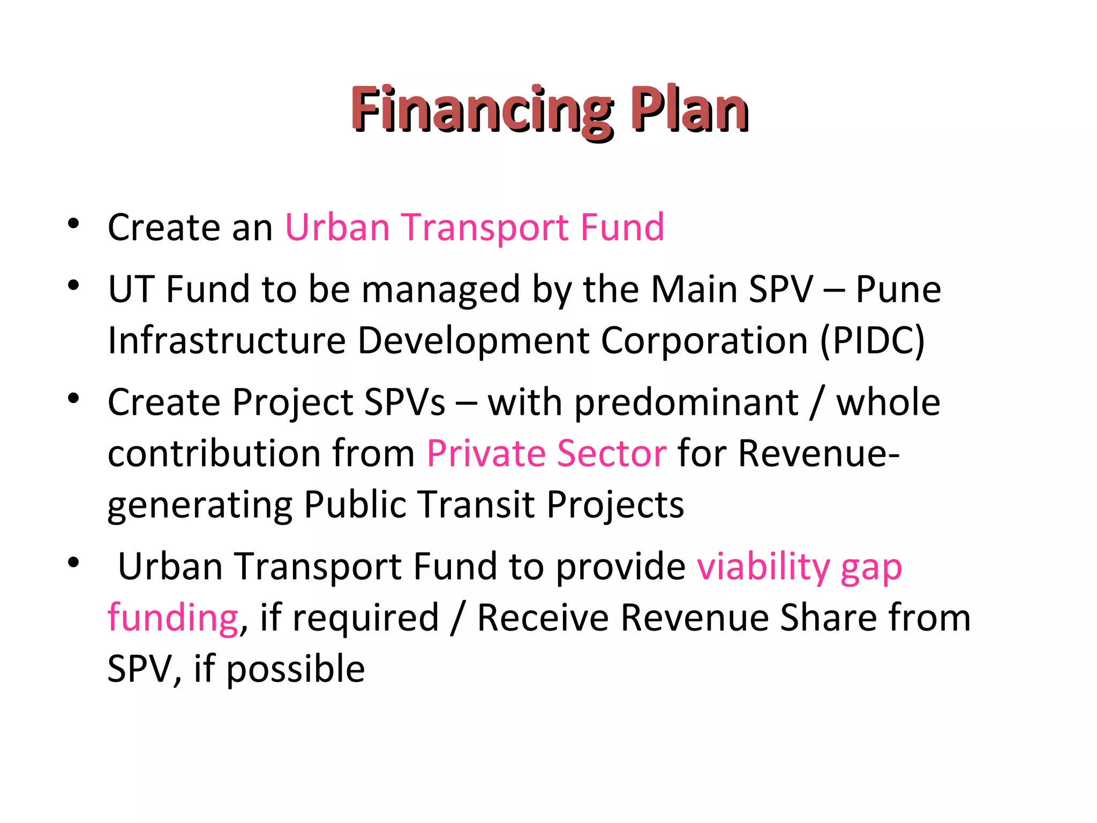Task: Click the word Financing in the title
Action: coord(481,110)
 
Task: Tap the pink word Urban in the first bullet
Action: coord(337,227)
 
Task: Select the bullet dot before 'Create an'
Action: coord(73,223)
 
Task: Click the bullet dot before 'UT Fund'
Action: coord(73,285)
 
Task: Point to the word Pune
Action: coord(898,290)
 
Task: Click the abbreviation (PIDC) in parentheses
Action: coord(871,341)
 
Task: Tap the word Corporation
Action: coord(704,341)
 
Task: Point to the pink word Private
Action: coord(485,454)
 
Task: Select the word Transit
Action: coord(476,504)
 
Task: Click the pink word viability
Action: coord(763,567)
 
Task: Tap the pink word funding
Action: coord(172,618)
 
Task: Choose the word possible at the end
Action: coord(296,670)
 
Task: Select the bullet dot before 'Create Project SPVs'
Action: coord(73,398)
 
